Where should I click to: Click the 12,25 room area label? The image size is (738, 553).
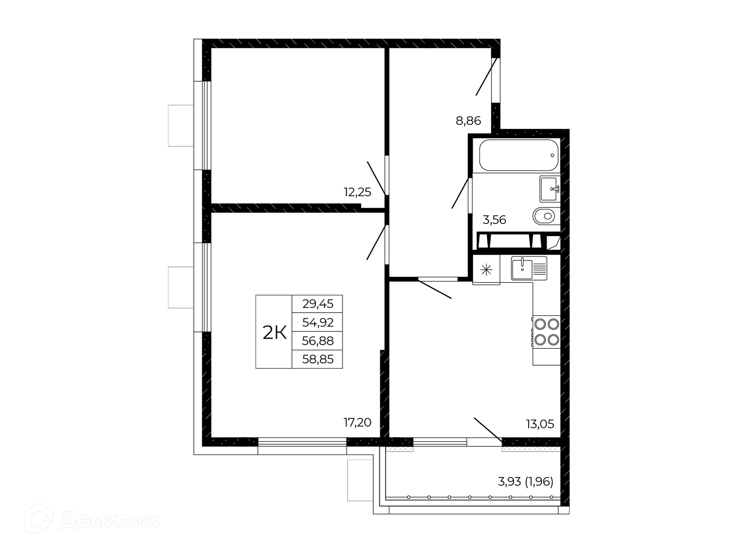point(357,192)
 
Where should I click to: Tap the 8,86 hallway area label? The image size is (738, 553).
point(468,121)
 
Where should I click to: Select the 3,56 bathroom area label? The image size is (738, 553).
point(494,220)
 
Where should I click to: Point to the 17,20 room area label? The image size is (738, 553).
point(357,422)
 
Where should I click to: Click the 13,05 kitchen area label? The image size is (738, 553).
point(540,424)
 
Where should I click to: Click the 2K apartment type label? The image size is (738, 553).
point(274,333)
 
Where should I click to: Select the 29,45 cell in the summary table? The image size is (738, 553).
point(318,304)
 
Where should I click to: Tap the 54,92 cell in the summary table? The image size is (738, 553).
point(318,323)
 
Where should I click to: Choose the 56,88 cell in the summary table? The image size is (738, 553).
point(318,341)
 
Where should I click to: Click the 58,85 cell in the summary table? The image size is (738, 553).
point(318,359)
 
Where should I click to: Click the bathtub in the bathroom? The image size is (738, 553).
point(519,155)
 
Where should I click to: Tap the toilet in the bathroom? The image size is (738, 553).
point(546,216)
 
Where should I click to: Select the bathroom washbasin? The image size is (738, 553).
point(550,189)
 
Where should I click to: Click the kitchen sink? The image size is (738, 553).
point(529,268)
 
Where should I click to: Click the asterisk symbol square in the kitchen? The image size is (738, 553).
point(486,270)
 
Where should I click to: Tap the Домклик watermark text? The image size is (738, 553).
point(109,521)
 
